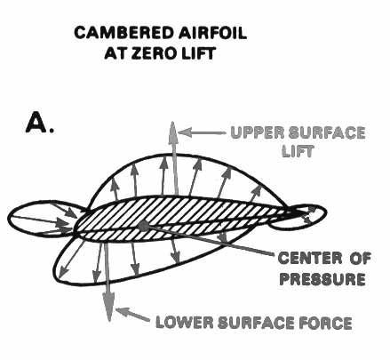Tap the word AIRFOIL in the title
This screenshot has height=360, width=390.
212,33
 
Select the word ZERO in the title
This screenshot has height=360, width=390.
155,53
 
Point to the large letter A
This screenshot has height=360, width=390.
37,123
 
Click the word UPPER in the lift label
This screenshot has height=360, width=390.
258,132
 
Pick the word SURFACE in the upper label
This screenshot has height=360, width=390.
327,132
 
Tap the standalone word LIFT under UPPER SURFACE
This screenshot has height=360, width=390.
298,151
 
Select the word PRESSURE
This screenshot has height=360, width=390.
322,279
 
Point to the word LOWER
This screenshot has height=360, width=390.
184,322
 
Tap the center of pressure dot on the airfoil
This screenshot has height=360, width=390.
144,226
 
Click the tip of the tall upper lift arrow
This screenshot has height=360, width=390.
172,122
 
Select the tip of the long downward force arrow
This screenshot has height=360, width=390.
109,321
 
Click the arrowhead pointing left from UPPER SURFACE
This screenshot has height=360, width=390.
179,132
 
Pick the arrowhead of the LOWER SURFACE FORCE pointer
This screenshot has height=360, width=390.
116,309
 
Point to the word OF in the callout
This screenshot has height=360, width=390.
360,259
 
